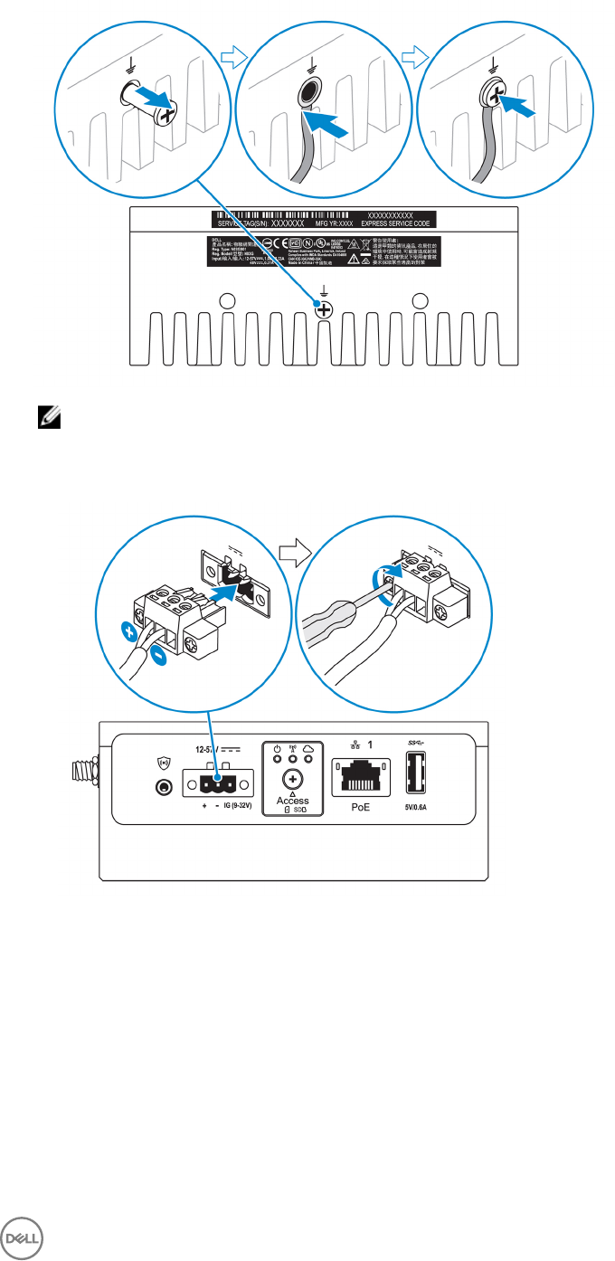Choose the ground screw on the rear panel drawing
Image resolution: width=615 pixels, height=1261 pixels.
click(x=323, y=308)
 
